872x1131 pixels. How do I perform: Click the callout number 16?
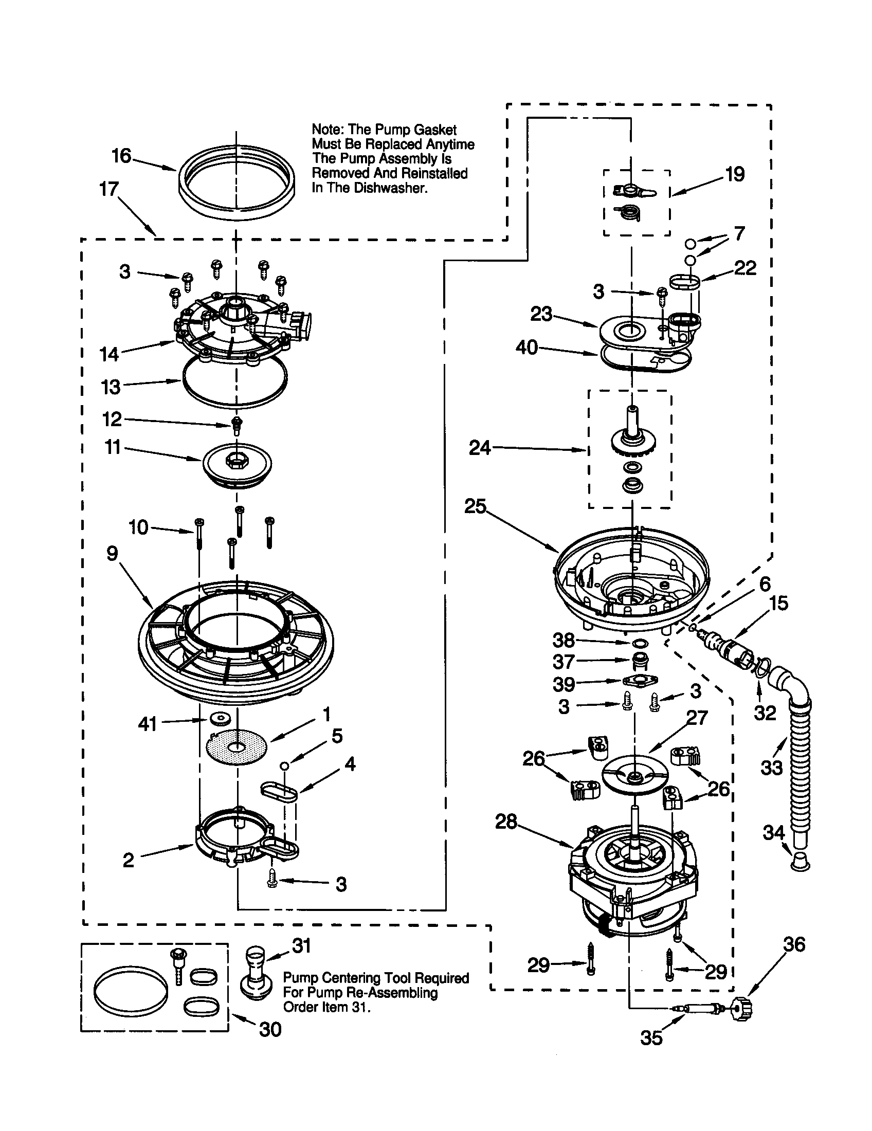click(122, 156)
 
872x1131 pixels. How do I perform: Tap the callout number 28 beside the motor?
click(506, 822)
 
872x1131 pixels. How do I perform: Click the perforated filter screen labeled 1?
click(237, 746)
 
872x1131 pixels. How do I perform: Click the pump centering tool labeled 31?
click(257, 972)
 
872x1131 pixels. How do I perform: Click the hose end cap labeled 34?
click(800, 863)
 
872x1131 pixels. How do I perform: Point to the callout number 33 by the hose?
click(772, 767)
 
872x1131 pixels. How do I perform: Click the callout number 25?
click(476, 506)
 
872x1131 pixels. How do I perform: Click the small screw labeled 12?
click(237, 424)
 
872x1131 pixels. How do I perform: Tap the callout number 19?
click(735, 174)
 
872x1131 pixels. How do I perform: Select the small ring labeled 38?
click(640, 643)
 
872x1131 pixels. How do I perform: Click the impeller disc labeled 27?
click(635, 778)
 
